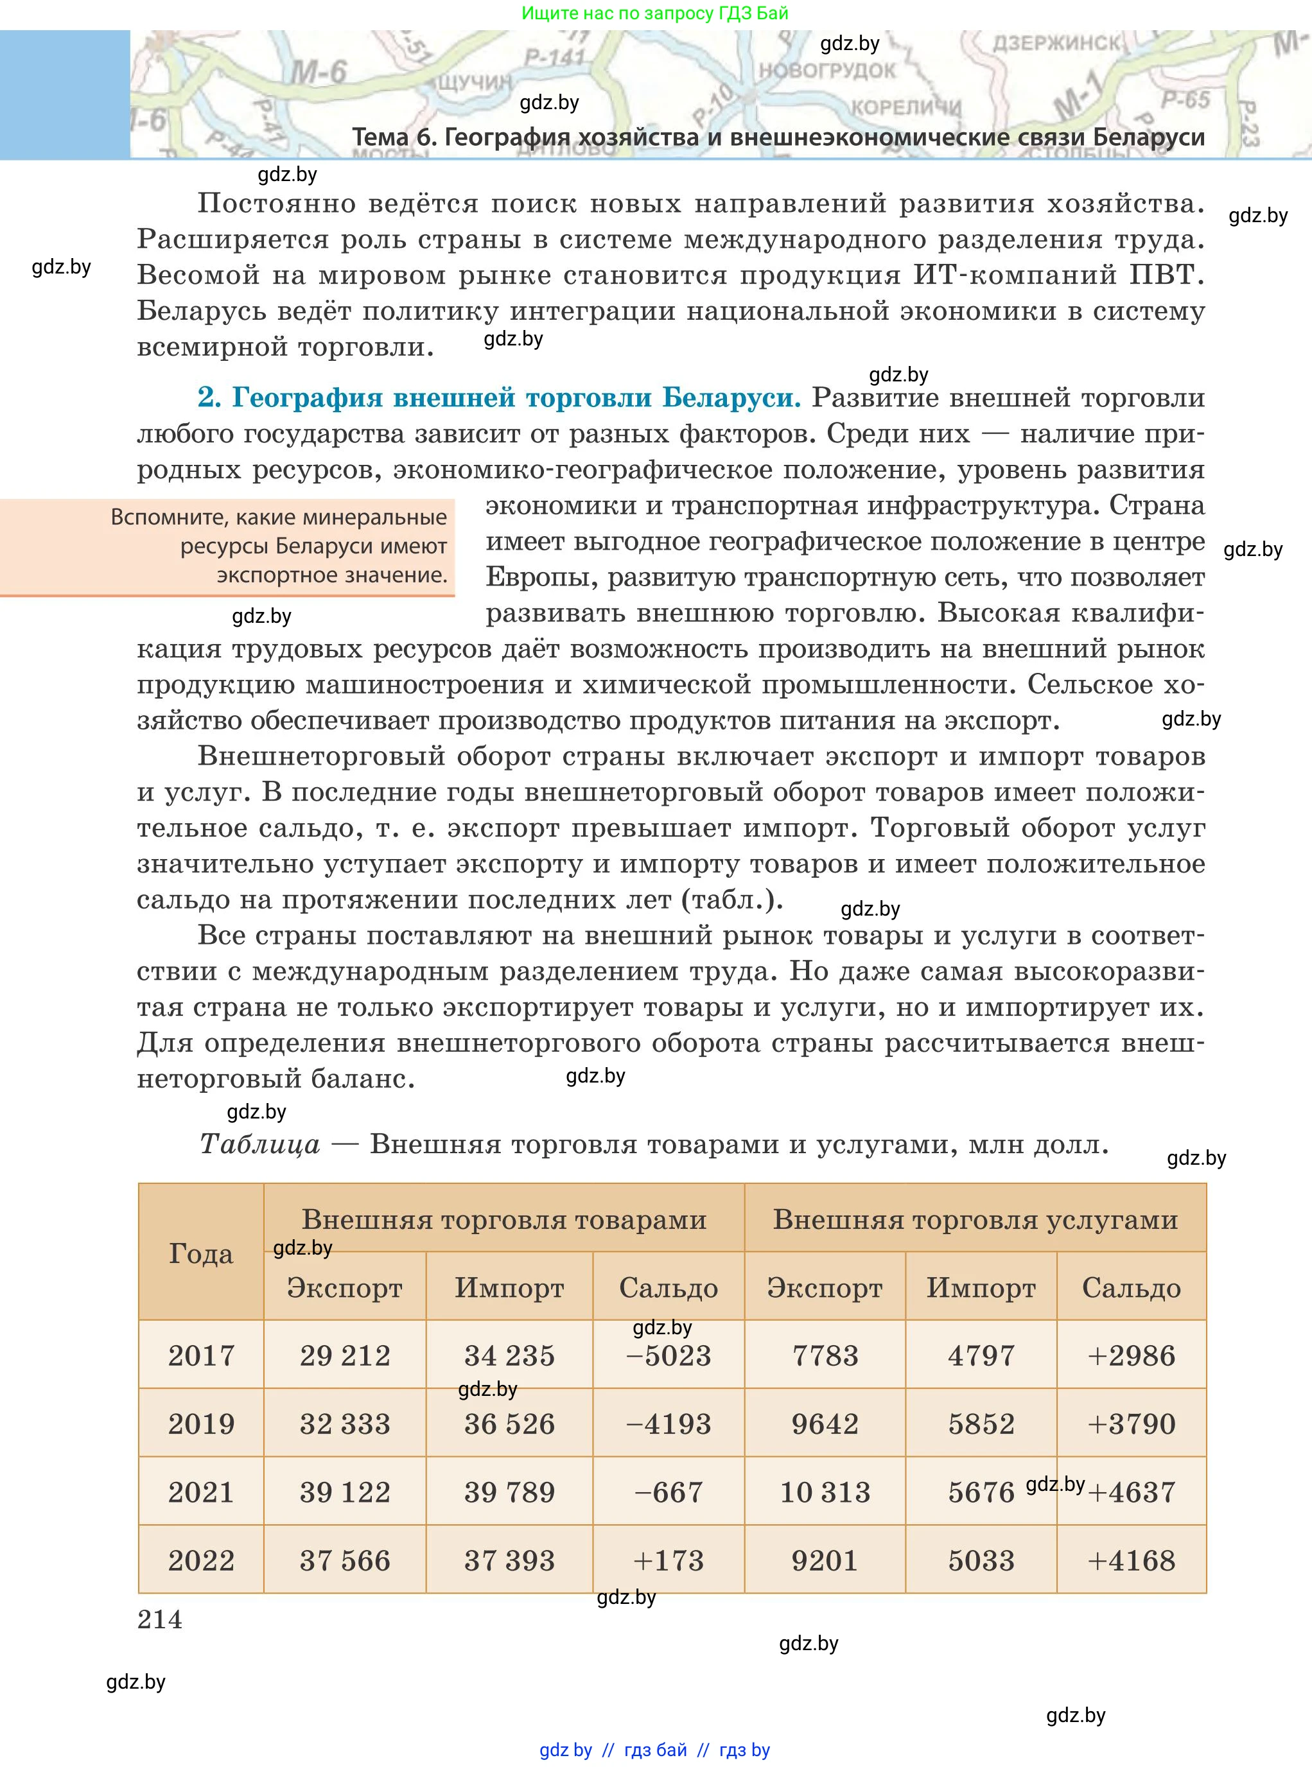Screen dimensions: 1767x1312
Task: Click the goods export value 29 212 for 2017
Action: tap(345, 1355)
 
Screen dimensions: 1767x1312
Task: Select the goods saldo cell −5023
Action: tap(668, 1355)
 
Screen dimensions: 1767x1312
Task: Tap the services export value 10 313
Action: tap(825, 1492)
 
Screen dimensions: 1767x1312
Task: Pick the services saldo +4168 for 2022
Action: tap(1131, 1560)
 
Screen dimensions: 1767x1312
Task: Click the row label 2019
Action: tap(201, 1424)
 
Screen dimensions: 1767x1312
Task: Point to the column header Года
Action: tap(201, 1254)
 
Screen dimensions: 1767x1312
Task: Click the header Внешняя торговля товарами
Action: tap(503, 1219)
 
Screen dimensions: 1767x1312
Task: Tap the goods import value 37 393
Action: tap(509, 1560)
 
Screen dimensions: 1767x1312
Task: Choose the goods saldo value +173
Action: tap(668, 1560)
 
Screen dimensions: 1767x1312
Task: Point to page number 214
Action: tap(160, 1619)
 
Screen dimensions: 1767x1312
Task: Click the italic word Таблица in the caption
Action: tap(259, 1144)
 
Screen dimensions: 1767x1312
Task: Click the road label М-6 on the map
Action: tap(318, 74)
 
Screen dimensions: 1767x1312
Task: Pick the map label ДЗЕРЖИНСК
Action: tap(1056, 43)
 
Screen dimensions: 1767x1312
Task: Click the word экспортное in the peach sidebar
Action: tap(273, 575)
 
